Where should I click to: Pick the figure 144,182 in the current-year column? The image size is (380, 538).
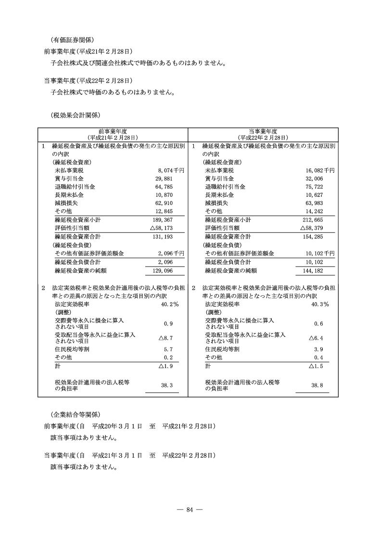(312, 271)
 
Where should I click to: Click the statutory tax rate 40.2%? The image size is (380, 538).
(170, 305)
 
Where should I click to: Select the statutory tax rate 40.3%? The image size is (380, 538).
(320, 305)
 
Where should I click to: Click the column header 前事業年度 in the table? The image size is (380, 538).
(113, 131)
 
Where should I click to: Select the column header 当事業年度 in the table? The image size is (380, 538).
(263, 131)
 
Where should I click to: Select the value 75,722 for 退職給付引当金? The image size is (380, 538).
(313, 187)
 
